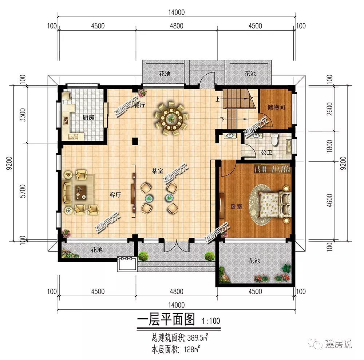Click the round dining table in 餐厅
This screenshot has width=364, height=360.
pos(171,119)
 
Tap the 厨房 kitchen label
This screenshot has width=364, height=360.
pos(88,118)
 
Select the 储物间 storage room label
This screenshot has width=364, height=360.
pos(276,107)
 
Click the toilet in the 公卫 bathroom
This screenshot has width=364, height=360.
pos(274,140)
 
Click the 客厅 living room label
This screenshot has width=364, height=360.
pos(115,195)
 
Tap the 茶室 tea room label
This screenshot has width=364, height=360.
pos(157,171)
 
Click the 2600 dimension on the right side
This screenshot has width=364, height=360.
pos(329,109)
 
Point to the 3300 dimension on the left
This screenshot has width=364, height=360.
pos(23,115)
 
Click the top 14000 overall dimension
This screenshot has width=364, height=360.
pos(177,12)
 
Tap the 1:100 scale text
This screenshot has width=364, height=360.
pos(211,321)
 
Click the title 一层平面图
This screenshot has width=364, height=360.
pos(166,320)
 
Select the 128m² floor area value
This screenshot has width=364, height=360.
pos(192,349)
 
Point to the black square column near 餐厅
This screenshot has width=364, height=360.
pos(135,141)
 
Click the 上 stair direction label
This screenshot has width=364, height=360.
pos(218,99)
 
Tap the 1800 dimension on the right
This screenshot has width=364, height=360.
pos(329,146)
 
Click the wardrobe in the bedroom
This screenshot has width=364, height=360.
pos(272,168)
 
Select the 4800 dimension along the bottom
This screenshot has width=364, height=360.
pos(177,291)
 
